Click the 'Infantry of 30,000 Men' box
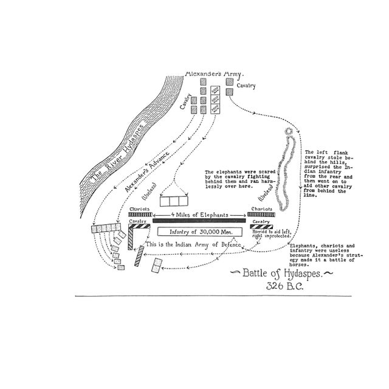click(200, 232)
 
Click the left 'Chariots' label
click(139, 208)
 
